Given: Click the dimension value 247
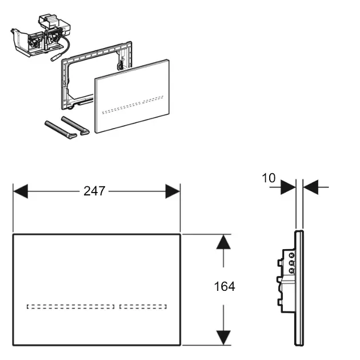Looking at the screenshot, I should [94, 191].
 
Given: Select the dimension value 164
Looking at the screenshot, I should [225, 286].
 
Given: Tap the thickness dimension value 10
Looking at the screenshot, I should [269, 178].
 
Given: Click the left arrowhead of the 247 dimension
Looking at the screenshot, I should [21, 191].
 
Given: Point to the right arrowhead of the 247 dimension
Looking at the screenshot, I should [173, 191].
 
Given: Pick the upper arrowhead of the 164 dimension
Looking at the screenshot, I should [223, 242].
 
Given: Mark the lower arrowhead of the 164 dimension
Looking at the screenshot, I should [223, 337].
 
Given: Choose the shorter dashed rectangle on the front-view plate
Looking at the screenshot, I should [146, 307].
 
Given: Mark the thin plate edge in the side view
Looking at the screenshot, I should [299, 289].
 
